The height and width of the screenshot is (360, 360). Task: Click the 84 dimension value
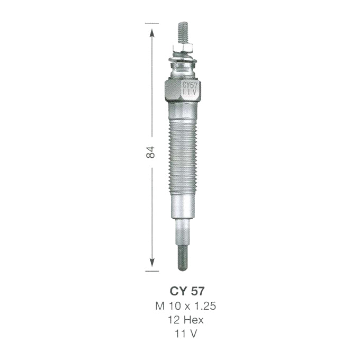pos(151,152)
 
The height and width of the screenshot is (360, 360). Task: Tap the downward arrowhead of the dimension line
pos(152,262)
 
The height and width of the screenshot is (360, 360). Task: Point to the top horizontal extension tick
pos(152,23)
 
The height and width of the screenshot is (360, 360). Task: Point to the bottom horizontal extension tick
pos(152,271)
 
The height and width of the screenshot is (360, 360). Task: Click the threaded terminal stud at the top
pos(183,33)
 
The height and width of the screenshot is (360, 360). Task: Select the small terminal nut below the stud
pos(184,49)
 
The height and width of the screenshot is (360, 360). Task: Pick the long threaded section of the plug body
pos(183,156)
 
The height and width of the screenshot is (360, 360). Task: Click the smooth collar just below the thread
pos(183,206)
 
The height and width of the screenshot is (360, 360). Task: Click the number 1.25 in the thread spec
pos(205,306)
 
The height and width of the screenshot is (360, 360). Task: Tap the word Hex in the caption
pos(193,320)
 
